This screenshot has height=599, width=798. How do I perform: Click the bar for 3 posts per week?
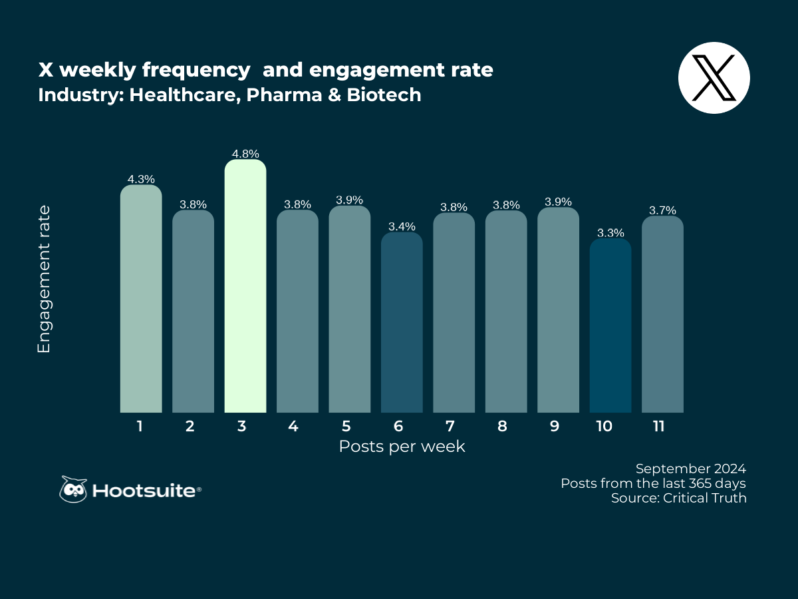245,286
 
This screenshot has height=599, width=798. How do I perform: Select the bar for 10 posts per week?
610,325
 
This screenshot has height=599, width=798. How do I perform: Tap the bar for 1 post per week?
141,299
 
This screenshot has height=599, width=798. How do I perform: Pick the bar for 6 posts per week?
402,322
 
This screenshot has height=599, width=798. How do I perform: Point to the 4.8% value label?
245,154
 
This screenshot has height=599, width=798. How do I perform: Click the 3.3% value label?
610,233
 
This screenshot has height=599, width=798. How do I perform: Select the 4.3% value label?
141,179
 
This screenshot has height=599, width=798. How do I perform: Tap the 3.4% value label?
402,226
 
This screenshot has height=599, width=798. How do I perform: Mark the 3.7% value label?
662,210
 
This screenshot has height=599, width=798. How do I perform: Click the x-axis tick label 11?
658,427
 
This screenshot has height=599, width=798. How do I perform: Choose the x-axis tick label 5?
345,427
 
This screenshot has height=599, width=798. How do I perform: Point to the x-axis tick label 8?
502,427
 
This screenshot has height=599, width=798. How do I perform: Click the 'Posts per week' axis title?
402,447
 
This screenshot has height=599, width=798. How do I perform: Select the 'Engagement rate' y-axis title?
44,280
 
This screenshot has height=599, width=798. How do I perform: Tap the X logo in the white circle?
714,78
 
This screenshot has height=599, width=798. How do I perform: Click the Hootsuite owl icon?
73,490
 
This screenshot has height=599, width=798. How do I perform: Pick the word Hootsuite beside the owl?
144,491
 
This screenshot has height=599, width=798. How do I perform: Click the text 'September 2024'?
691,468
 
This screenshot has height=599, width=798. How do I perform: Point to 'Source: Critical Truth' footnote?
678,498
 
